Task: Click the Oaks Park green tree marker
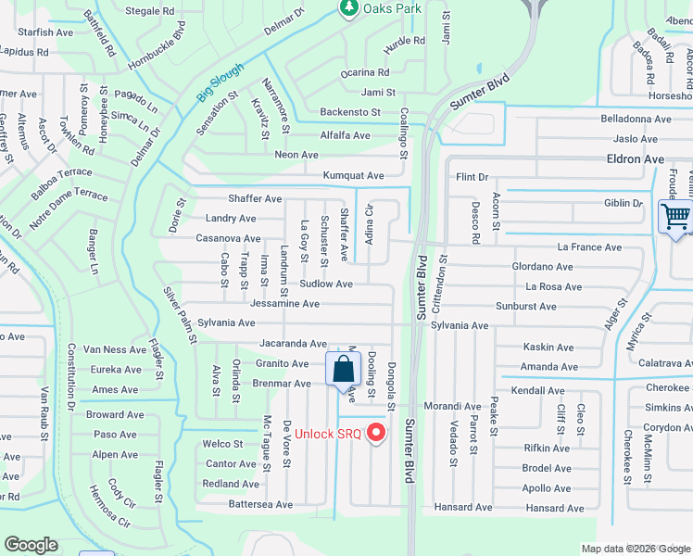(348, 8)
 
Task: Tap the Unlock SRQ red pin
(376, 432)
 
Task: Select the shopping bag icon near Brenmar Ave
(343, 369)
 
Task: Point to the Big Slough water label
(220, 82)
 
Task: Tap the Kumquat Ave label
(353, 175)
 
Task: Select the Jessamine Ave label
(284, 303)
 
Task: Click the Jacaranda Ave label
(293, 343)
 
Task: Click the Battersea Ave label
(260, 504)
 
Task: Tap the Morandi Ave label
(453, 406)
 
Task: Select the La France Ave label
(589, 247)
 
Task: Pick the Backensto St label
(350, 112)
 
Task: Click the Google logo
(31, 545)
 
